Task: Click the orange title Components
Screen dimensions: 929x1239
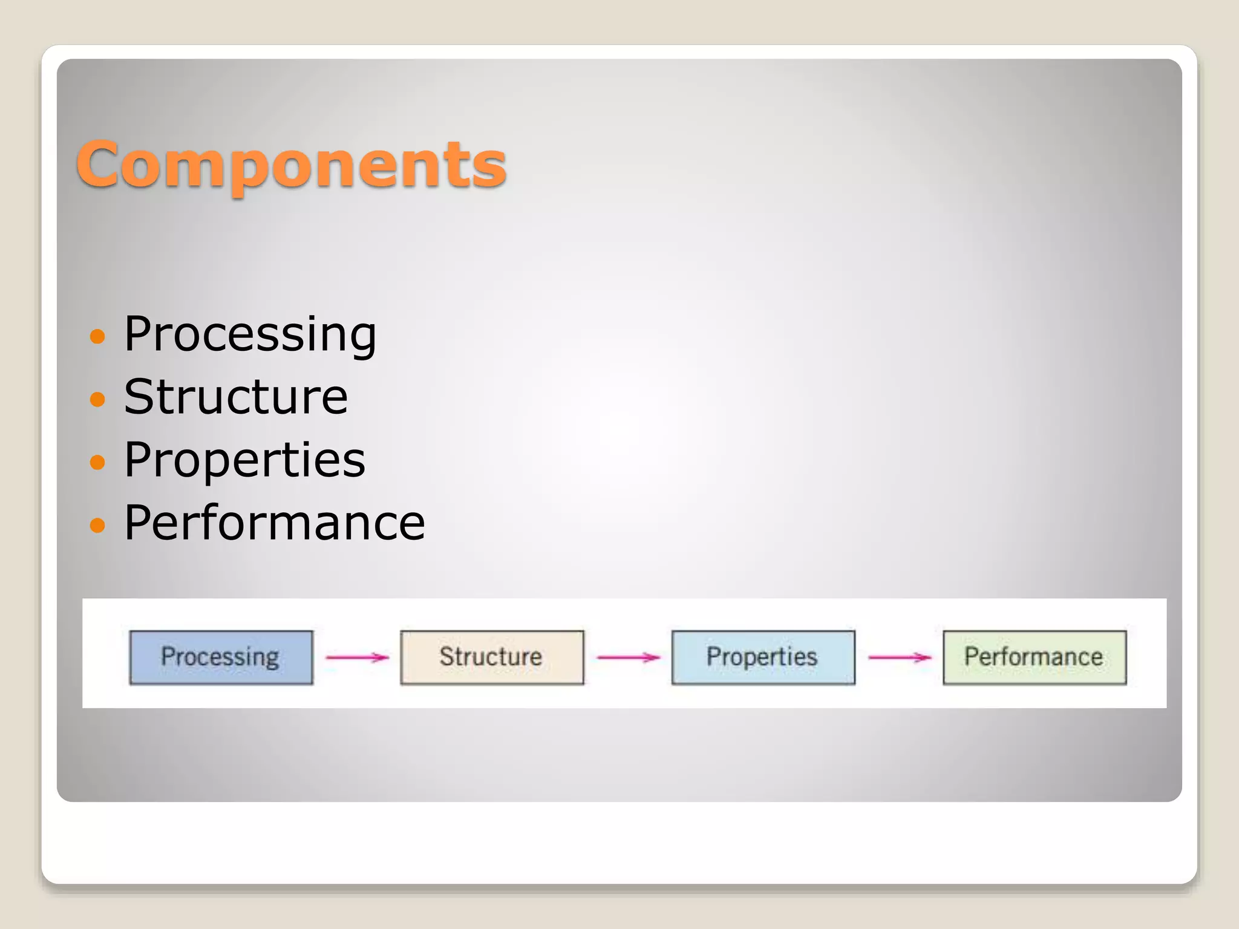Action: click(x=291, y=164)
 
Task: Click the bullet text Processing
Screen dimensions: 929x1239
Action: click(x=250, y=334)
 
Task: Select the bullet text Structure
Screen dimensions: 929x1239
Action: click(x=236, y=397)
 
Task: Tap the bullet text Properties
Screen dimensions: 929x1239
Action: click(x=244, y=460)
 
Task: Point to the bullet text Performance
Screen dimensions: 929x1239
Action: click(x=274, y=523)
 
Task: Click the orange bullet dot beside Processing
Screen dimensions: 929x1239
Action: click(x=97, y=336)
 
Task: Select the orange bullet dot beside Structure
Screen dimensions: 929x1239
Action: click(x=97, y=399)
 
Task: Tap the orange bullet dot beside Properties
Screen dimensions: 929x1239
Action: click(x=97, y=462)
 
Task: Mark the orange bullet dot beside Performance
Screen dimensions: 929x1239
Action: click(x=97, y=524)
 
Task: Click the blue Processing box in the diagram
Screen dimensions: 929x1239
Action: click(x=221, y=657)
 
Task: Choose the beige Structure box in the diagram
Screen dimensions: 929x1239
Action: click(x=492, y=657)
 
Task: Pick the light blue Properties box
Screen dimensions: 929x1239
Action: click(x=763, y=657)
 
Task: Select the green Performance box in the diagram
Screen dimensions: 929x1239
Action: click(x=1034, y=657)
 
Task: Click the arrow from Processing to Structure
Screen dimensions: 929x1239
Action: click(x=356, y=657)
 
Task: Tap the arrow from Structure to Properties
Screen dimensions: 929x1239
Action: click(x=628, y=657)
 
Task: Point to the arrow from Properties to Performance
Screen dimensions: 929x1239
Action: click(x=900, y=657)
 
